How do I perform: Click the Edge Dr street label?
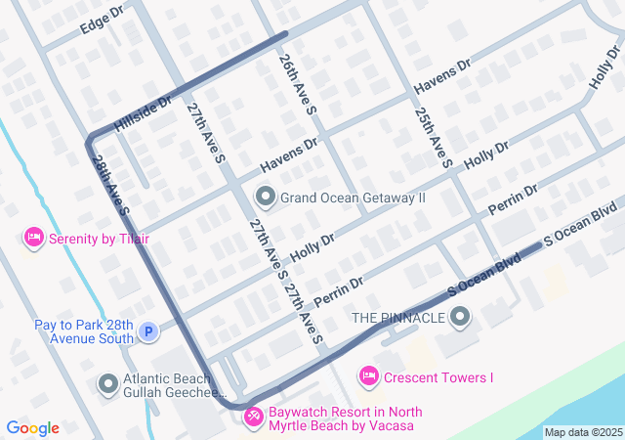(x=102, y=21)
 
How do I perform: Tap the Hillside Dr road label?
(x=142, y=113)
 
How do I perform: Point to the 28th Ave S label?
(x=112, y=186)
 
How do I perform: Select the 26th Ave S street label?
(x=297, y=87)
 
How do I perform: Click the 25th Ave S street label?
(x=432, y=137)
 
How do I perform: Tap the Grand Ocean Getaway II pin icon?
(x=265, y=197)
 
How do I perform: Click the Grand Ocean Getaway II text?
(x=354, y=198)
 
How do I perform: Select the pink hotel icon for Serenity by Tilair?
(x=34, y=237)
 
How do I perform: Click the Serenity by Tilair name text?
(x=101, y=238)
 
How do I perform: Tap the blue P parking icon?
(x=147, y=332)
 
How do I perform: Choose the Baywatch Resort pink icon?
(x=253, y=418)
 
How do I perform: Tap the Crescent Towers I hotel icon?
(x=368, y=375)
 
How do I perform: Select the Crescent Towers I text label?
(x=438, y=377)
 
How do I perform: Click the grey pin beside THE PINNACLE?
(x=461, y=317)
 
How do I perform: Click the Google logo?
(x=32, y=427)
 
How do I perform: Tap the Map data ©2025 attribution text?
(x=582, y=432)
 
